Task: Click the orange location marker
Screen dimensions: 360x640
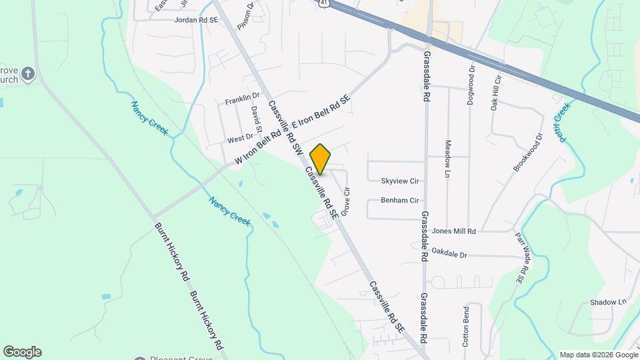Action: click(x=320, y=159)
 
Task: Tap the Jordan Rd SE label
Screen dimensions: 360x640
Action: click(x=196, y=21)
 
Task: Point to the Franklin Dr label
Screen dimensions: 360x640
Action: click(x=241, y=100)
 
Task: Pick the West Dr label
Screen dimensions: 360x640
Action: click(x=240, y=139)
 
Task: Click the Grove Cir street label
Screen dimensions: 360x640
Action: click(x=346, y=201)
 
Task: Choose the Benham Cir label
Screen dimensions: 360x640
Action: click(x=399, y=200)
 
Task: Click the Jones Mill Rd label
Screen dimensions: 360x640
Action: click(x=454, y=231)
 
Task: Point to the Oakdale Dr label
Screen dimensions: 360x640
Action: click(x=450, y=254)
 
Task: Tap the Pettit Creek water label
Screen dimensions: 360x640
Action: click(x=564, y=122)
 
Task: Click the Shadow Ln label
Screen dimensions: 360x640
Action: click(x=608, y=302)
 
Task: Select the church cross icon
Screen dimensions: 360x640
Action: click(x=27, y=73)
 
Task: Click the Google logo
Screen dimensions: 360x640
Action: click(x=22, y=352)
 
